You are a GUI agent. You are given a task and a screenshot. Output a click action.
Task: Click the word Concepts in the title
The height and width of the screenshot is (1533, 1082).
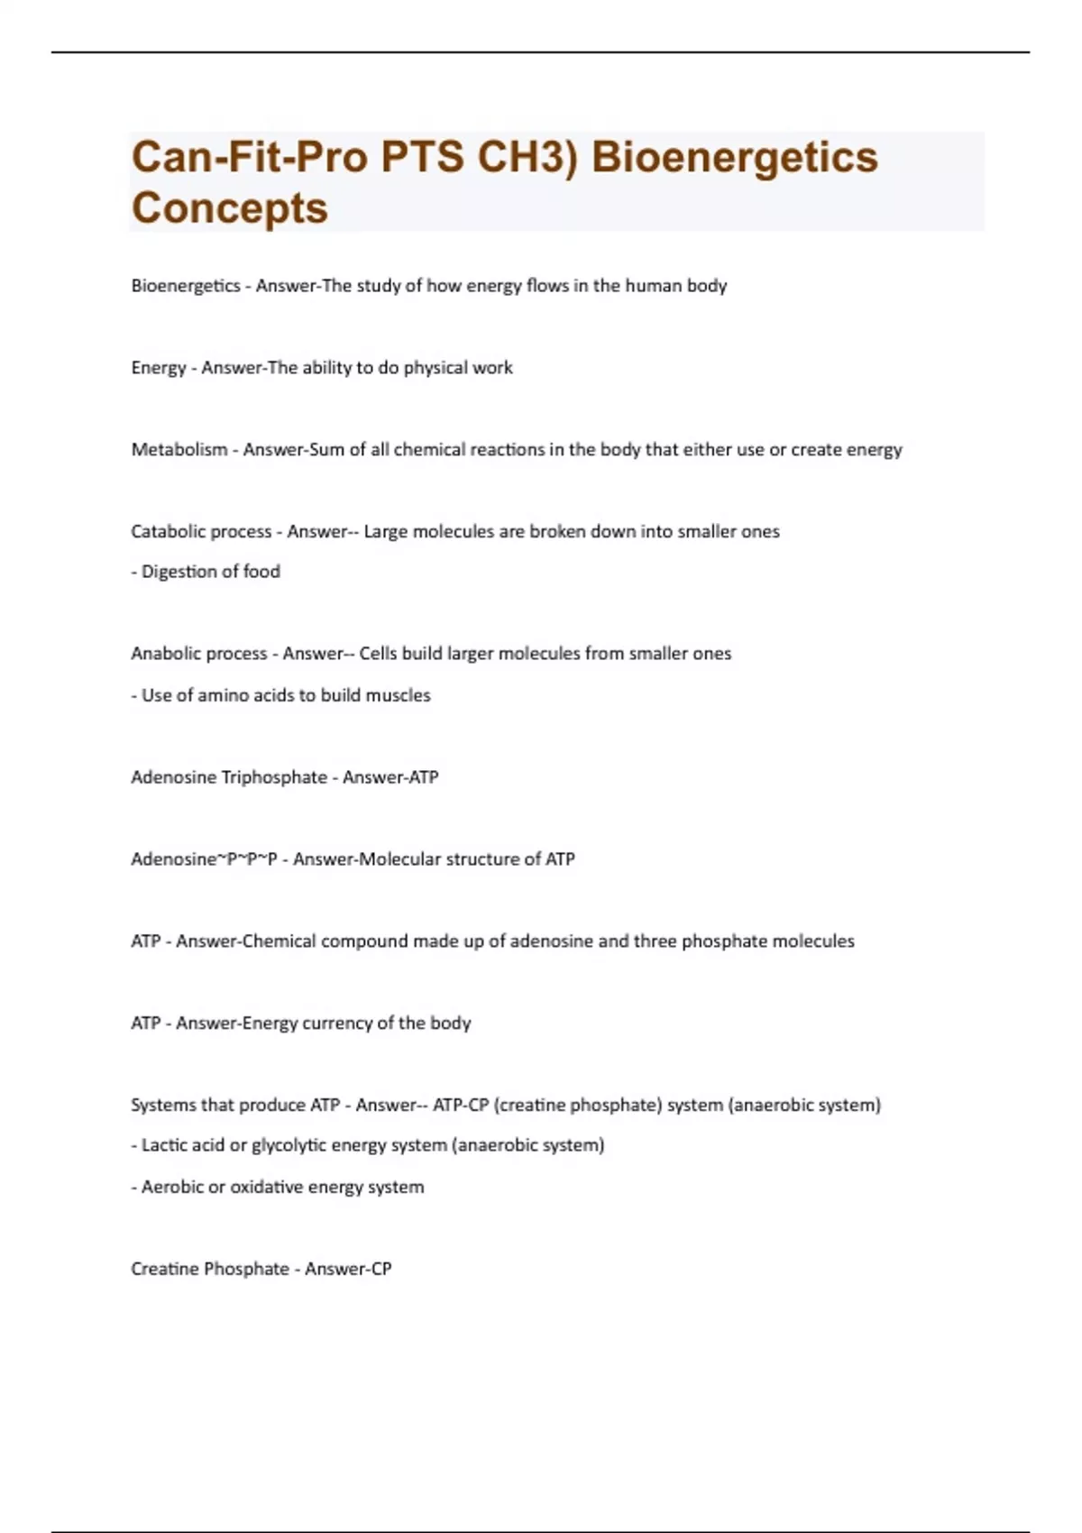229,208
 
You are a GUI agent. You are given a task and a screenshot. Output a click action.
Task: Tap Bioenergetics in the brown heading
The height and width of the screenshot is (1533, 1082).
734,157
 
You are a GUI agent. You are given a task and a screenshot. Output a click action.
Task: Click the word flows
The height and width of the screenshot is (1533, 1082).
535,286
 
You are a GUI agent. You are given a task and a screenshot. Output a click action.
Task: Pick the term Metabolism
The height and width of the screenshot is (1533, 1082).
179,449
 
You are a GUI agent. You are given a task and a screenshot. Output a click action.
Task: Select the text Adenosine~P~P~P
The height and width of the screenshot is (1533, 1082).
204,859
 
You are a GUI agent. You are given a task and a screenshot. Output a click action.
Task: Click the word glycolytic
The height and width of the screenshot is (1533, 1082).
289,1145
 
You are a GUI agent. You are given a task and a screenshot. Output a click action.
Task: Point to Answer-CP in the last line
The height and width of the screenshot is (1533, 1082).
348,1269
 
